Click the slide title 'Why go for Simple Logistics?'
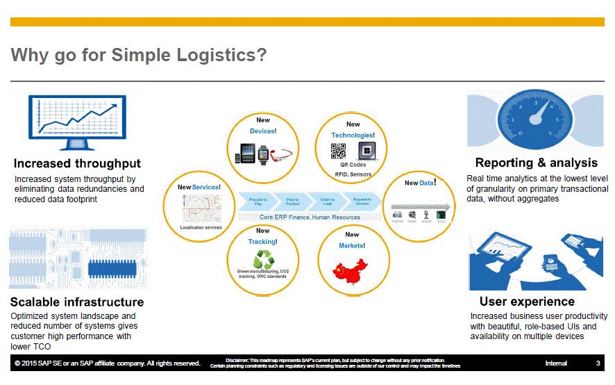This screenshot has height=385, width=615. tap(140, 56)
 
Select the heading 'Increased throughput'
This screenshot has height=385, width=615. tap(77, 164)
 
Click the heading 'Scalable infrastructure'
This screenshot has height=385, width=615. tap(77, 302)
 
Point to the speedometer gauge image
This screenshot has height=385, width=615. tap(534, 122)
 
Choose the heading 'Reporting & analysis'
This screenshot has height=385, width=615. tap(536, 163)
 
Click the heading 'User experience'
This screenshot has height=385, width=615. tap(527, 302)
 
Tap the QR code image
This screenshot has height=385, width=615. tap(338, 151)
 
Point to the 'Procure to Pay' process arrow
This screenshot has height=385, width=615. tap(258, 201)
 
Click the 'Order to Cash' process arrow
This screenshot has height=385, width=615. tap(328, 201)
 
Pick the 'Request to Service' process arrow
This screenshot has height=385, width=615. tap(362, 201)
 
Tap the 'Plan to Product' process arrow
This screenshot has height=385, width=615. tap(293, 201)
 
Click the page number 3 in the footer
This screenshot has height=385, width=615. tap(598, 363)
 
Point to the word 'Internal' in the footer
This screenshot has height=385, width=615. tap(556, 363)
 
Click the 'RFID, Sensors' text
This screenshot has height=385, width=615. tap(352, 174)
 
